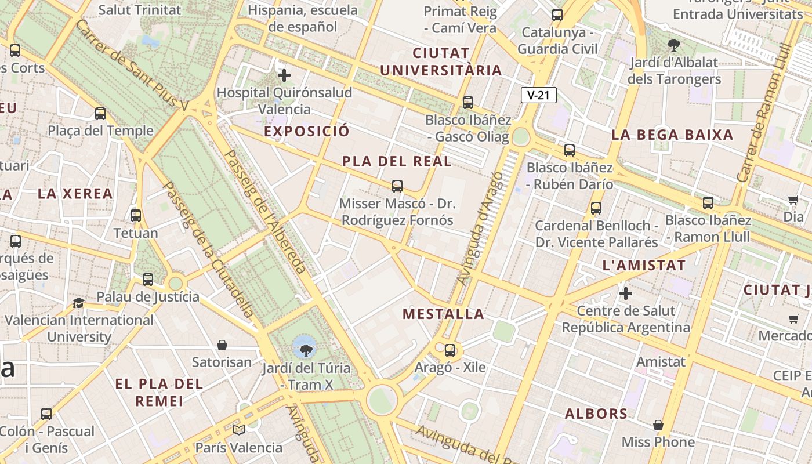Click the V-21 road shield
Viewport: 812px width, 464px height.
pyautogui.click(x=539, y=95)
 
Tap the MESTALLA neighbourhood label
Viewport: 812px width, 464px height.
pyautogui.click(x=443, y=314)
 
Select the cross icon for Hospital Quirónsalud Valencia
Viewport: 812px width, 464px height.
pyautogui.click(x=284, y=75)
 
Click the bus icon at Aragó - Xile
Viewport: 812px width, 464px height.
pyautogui.click(x=450, y=350)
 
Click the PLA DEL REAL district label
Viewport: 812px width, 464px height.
pyautogui.click(x=397, y=161)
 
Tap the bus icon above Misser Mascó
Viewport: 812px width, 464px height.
pyautogui.click(x=397, y=186)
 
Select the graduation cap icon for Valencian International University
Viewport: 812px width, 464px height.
pyautogui.click(x=78, y=303)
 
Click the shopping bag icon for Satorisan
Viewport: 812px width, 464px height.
pyautogui.click(x=222, y=346)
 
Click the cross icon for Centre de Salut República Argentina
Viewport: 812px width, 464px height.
pyautogui.click(x=626, y=293)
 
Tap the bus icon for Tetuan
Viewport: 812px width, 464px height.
pyautogui.click(x=136, y=216)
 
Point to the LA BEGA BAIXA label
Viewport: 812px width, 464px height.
pyautogui.click(x=672, y=135)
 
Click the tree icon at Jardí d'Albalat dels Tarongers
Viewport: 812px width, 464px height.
pyautogui.click(x=674, y=45)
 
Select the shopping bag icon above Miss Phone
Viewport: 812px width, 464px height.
pyautogui.click(x=658, y=425)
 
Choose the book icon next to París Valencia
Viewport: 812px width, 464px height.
pyautogui.click(x=239, y=430)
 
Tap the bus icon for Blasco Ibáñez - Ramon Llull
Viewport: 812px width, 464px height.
pyautogui.click(x=708, y=203)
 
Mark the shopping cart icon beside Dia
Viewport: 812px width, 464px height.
pyautogui.click(x=793, y=200)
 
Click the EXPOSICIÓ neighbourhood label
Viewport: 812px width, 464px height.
pyautogui.click(x=307, y=131)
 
